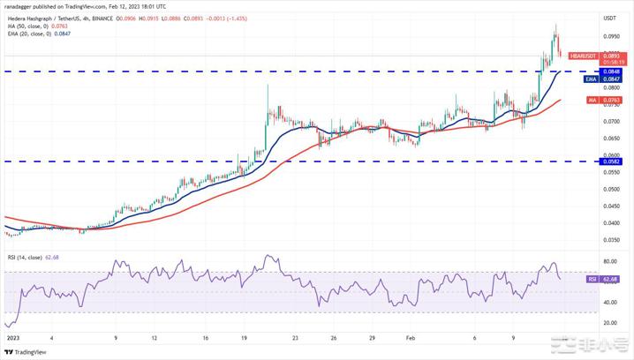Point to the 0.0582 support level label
611,161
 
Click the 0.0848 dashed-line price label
611,71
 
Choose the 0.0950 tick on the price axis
611,37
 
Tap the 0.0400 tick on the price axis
611,222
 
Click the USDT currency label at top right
610,18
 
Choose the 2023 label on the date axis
11,338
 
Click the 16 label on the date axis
204,338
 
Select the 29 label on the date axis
372,338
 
